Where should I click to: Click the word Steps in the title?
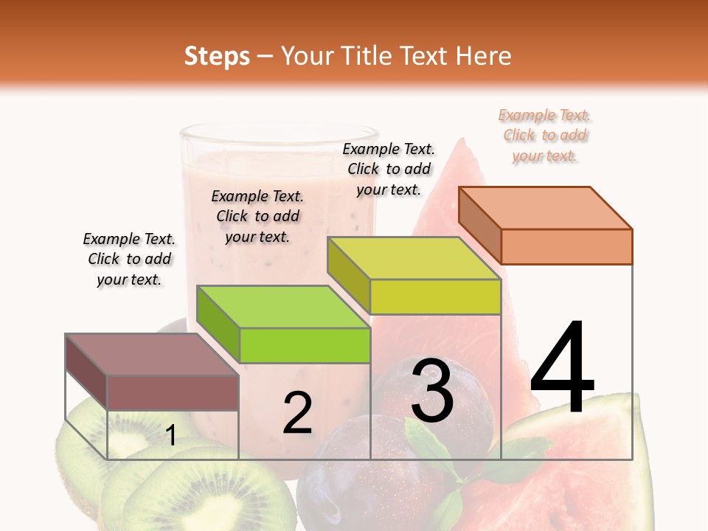[x=217, y=56]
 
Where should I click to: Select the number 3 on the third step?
[x=432, y=391]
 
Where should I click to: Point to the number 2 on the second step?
[x=297, y=414]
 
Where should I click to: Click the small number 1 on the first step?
[x=171, y=435]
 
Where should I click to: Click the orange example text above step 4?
[x=545, y=136]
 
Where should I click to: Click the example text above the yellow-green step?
[x=389, y=169]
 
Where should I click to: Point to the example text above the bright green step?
[x=257, y=216]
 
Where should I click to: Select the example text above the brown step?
[x=129, y=259]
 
